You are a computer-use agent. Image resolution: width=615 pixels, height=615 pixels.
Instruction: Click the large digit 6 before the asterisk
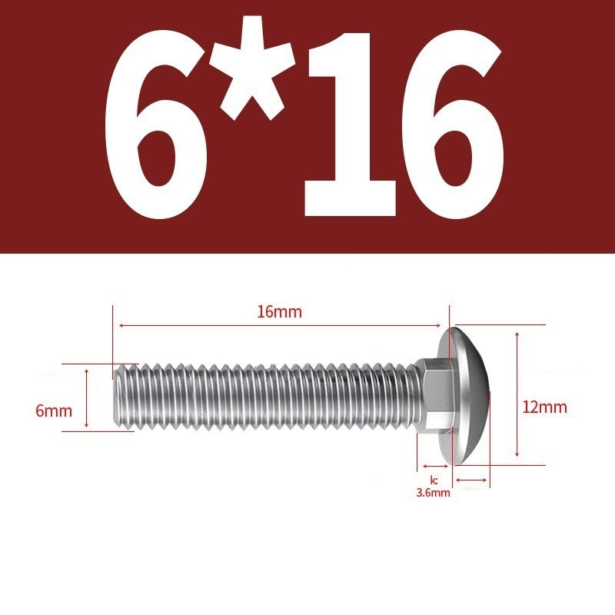[157, 125]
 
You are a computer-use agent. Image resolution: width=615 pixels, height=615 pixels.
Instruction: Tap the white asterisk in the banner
[253, 68]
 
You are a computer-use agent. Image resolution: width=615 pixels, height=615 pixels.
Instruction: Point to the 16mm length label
[280, 312]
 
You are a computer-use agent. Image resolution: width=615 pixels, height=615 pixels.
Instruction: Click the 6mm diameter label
[54, 411]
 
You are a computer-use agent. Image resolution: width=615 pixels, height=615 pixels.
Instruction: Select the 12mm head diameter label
[545, 407]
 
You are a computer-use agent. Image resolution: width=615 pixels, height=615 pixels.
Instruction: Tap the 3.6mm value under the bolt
[433, 493]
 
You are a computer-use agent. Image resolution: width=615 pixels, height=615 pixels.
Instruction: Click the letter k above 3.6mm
[434, 480]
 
